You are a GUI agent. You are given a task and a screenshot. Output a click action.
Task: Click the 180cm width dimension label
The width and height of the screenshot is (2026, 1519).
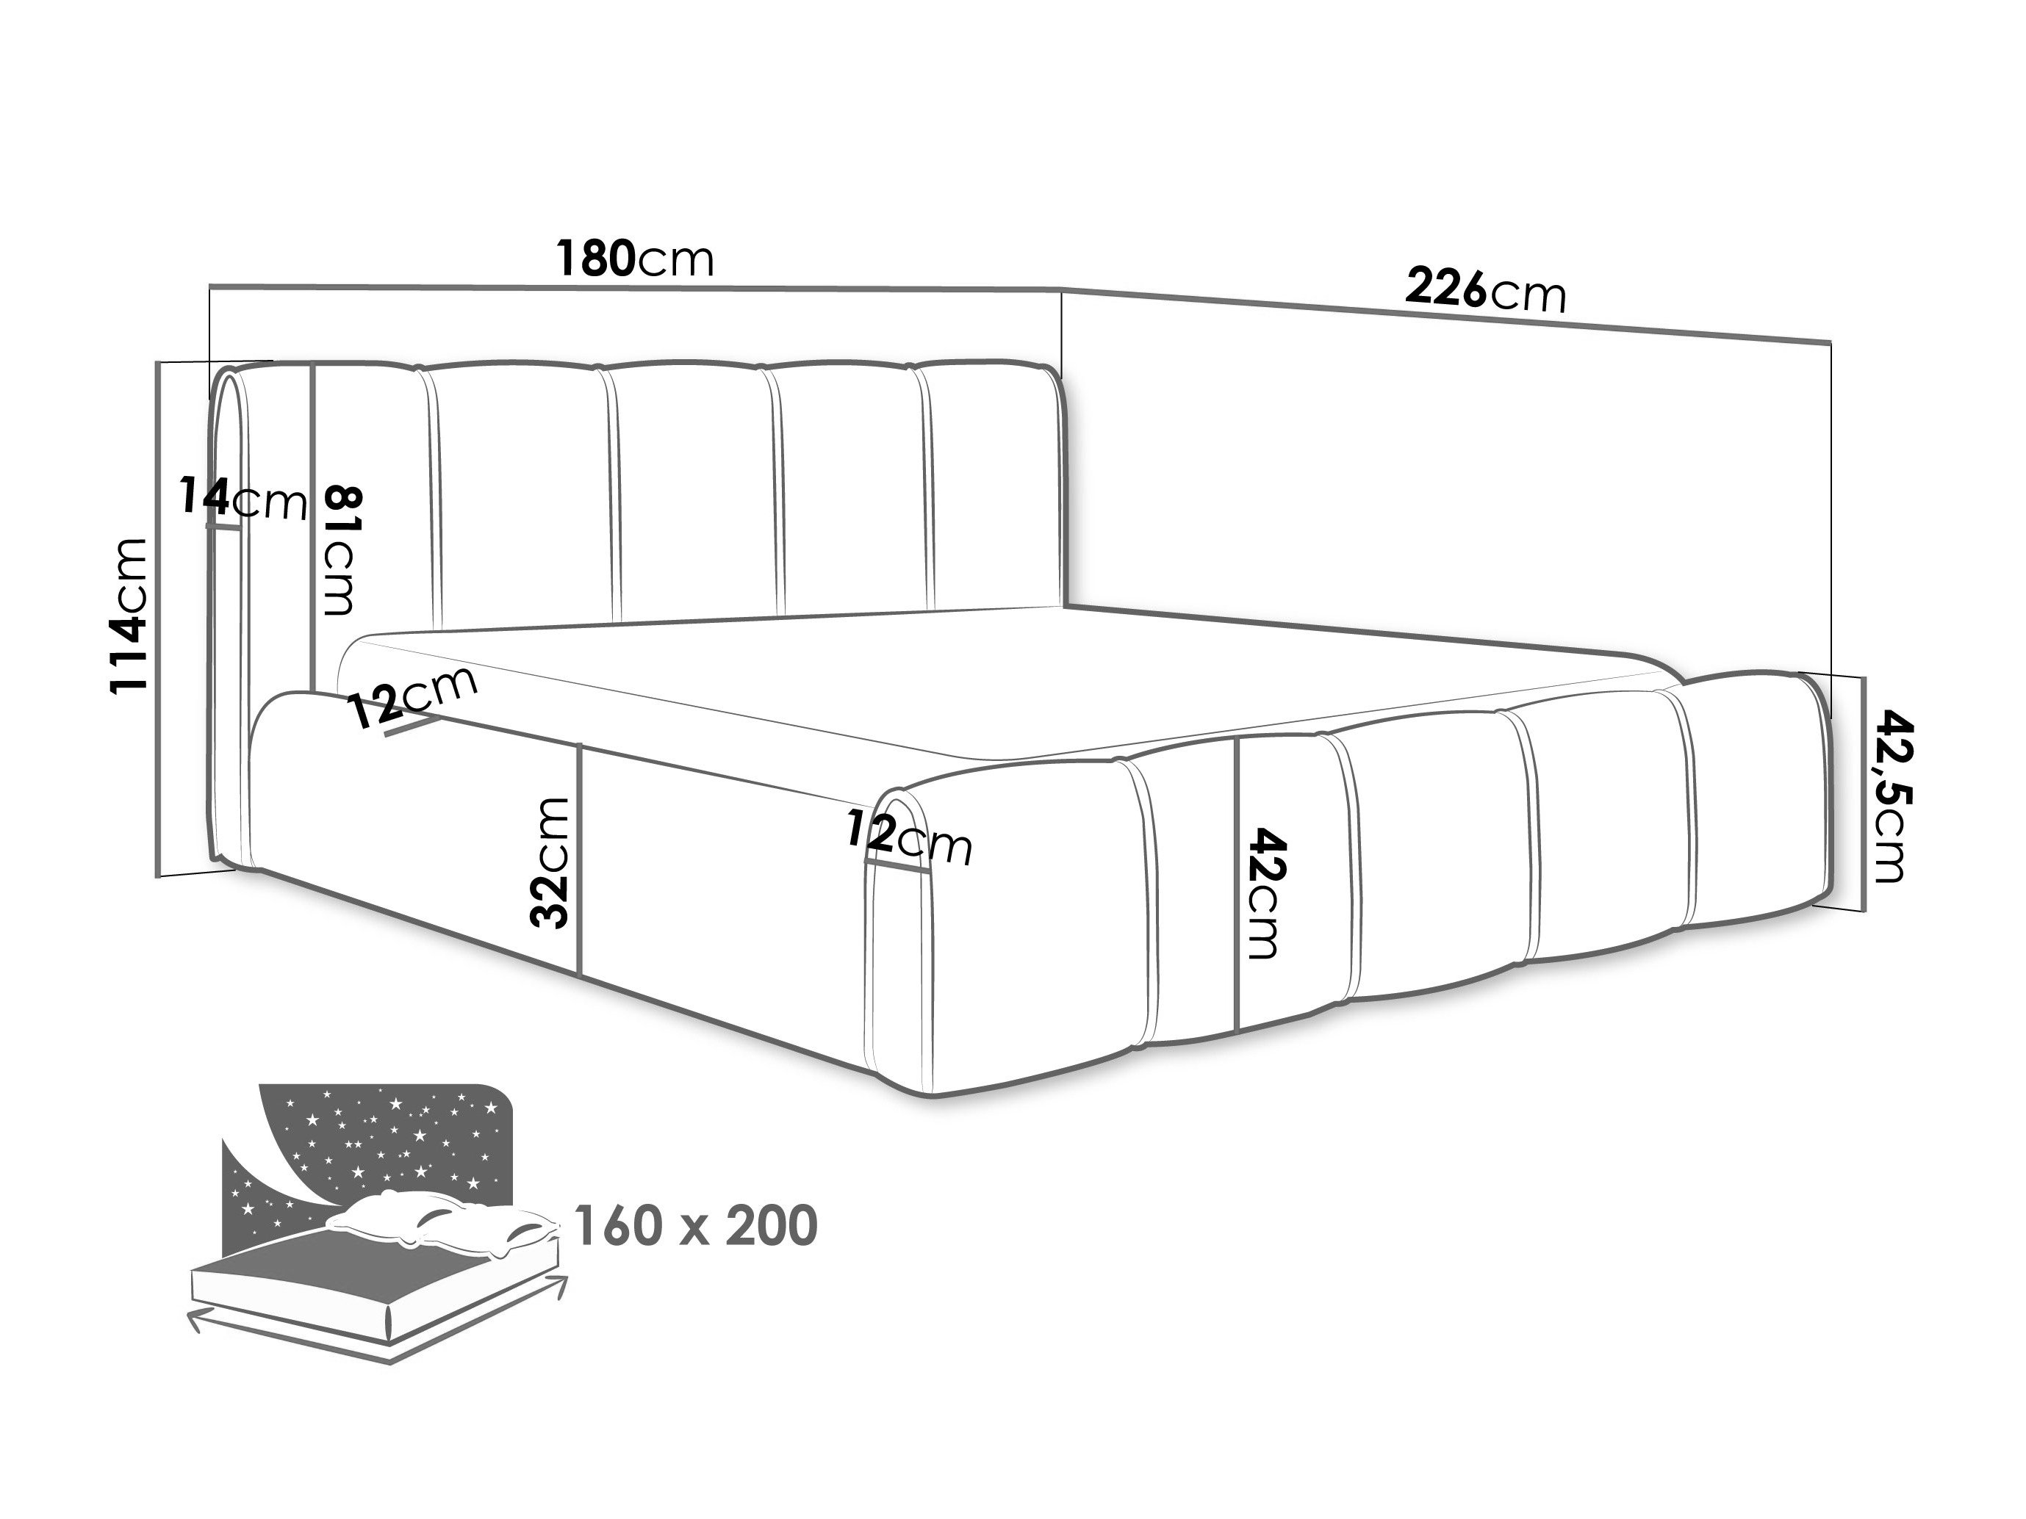tap(635, 260)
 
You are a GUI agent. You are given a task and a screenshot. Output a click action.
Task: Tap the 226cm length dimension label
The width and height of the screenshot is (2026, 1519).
tap(1486, 290)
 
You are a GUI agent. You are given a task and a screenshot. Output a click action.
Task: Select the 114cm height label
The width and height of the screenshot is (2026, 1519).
tap(128, 616)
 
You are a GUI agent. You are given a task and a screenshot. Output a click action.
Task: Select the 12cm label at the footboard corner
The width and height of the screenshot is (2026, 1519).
tap(908, 837)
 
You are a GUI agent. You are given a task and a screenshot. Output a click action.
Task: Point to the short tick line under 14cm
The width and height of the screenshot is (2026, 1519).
tap(223, 527)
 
